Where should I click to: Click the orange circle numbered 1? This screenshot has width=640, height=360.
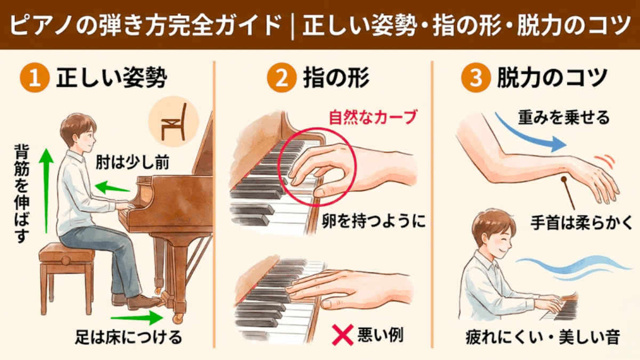click(35, 78)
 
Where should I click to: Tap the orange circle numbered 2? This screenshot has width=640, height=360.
click(282, 78)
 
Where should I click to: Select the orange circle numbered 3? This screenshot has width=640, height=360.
click(476, 78)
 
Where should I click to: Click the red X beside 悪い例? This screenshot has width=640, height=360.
click(342, 335)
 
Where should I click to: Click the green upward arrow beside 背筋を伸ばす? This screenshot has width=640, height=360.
click(46, 190)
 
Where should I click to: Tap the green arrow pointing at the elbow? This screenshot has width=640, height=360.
click(113, 187)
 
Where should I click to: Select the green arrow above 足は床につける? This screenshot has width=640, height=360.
click(137, 318)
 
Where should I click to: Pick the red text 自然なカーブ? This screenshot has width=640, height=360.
click(372, 117)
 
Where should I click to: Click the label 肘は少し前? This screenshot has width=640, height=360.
click(132, 163)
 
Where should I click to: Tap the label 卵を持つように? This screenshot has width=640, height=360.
click(374, 221)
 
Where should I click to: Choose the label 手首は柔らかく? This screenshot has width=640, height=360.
click(581, 223)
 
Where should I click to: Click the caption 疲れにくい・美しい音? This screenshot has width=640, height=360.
click(542, 338)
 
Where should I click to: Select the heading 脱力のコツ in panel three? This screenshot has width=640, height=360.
click(552, 78)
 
